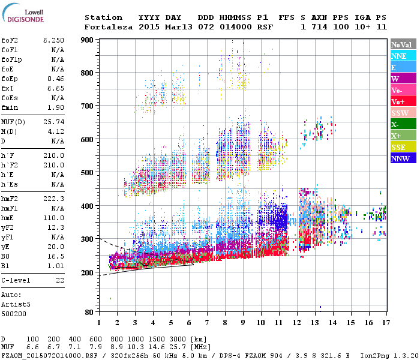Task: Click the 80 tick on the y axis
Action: click(89, 312)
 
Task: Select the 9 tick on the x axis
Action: click(243, 322)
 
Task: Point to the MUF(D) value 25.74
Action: click(53, 122)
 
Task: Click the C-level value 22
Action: click(60, 280)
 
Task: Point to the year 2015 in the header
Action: click(148, 27)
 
